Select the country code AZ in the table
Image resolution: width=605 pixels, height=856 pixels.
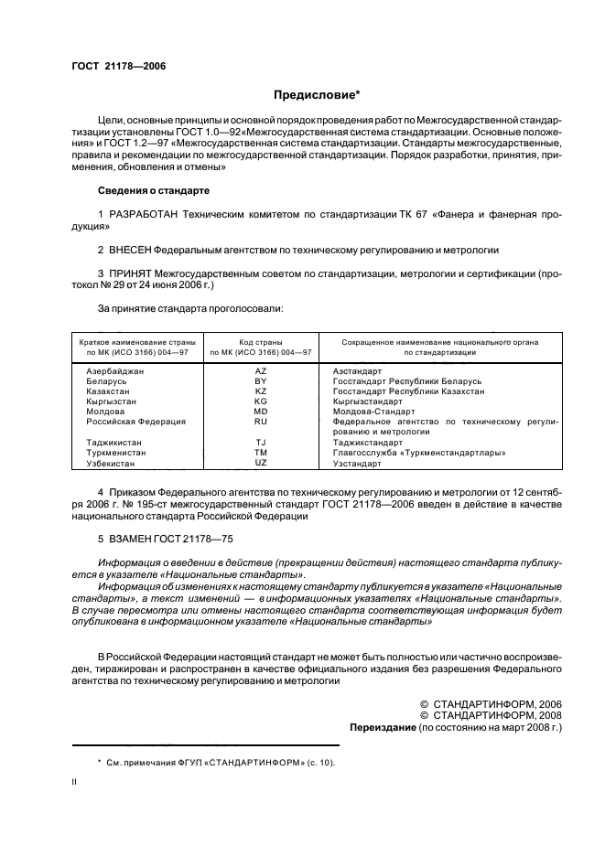260,371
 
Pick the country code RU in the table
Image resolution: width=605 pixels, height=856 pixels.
260,422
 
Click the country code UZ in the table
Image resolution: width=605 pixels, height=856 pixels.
260,464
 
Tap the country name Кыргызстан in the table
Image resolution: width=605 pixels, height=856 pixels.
111,401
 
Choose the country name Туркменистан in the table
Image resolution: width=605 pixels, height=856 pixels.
116,453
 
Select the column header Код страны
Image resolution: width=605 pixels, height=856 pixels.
260,342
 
